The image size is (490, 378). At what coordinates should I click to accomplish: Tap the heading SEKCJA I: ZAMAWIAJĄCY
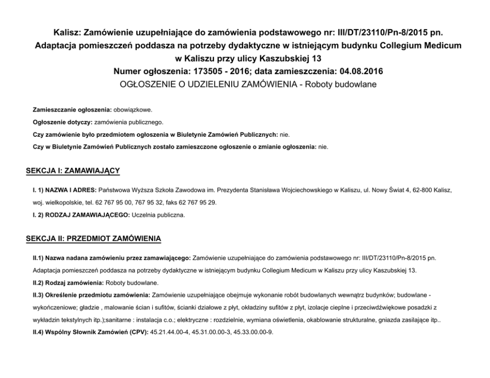[73, 171]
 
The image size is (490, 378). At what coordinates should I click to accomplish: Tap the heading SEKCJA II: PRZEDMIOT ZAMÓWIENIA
[93, 239]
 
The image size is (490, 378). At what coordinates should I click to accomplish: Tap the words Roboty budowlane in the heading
[340, 84]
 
